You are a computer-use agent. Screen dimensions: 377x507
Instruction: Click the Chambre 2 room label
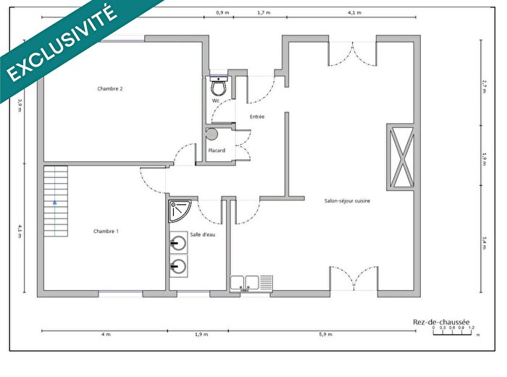coord(110,89)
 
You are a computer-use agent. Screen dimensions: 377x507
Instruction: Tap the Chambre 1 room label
coord(106,231)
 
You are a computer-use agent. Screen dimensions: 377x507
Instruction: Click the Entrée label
coord(257,117)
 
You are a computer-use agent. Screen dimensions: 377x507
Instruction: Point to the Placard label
coord(217,151)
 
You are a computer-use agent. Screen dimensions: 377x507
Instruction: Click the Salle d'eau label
coord(203,234)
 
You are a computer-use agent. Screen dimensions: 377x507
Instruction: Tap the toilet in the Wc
coord(217,87)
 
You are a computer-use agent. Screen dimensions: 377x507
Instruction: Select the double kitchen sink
coord(251,283)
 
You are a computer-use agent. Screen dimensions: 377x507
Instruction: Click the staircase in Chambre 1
coord(56,201)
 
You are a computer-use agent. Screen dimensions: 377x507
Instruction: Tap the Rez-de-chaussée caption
coord(441,322)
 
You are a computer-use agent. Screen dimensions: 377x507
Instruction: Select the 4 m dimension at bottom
coord(106,334)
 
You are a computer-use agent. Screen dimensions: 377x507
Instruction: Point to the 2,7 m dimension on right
coord(484,85)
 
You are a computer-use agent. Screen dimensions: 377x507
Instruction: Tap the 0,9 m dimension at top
coord(223,13)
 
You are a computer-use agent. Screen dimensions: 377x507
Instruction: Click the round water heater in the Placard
coord(211,134)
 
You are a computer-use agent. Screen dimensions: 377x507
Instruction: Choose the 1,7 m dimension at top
coord(264,13)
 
